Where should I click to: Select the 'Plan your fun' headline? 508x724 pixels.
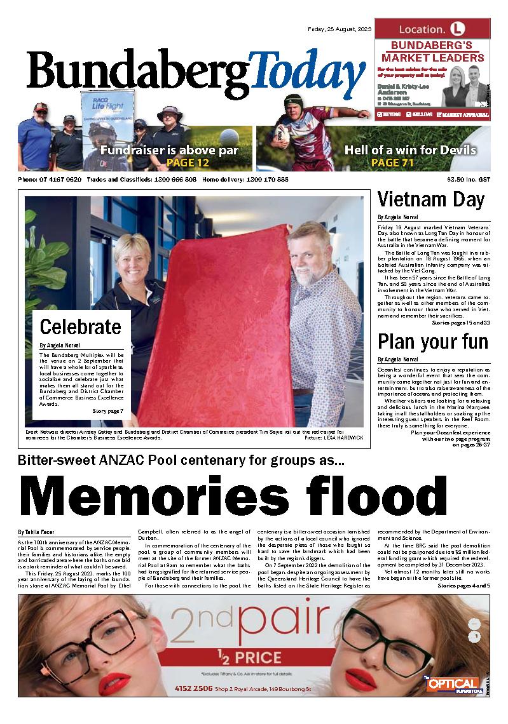click(x=433, y=342)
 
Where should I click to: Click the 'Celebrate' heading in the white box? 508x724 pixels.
click(x=80, y=327)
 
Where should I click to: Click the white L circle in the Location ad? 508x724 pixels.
click(x=457, y=29)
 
